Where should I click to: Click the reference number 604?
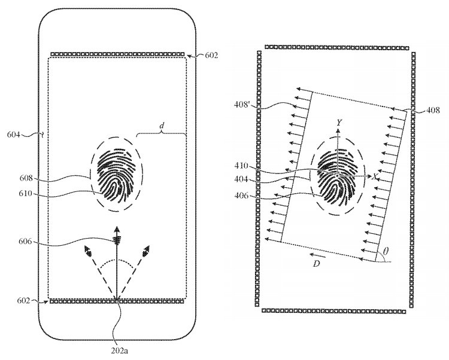coord(13,135)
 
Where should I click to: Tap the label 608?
coord(26,178)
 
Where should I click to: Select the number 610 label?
coord(26,194)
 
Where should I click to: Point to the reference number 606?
coord(25,242)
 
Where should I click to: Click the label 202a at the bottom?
coord(119,350)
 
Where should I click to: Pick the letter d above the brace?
coord(162,126)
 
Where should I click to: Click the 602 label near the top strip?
coord(211,55)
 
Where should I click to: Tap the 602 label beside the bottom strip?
coord(24,301)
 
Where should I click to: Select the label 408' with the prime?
coord(242,105)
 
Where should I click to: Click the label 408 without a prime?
coord(433,110)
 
